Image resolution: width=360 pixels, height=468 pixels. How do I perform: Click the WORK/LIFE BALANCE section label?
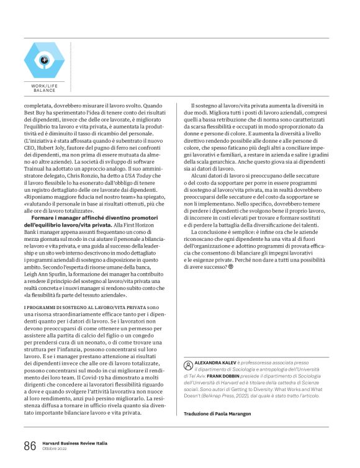(x=44, y=88)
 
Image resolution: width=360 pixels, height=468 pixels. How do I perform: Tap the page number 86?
(x=30, y=445)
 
